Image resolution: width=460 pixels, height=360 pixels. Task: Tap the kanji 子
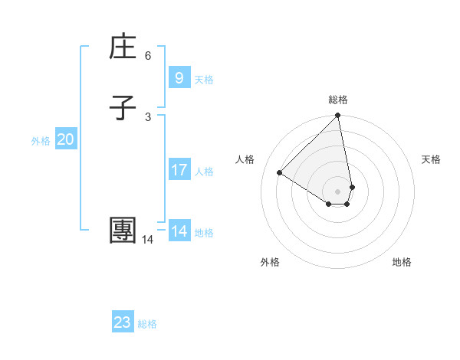(x=123, y=108)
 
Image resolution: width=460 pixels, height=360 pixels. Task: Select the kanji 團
(x=123, y=231)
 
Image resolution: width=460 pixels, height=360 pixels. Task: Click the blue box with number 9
(x=179, y=77)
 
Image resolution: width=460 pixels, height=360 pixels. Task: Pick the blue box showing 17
(x=179, y=170)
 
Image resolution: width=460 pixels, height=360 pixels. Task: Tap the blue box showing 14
(x=179, y=231)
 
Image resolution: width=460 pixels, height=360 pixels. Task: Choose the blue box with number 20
(x=65, y=139)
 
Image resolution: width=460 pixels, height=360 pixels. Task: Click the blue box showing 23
(x=123, y=322)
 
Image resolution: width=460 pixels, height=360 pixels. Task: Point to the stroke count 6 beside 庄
(x=148, y=56)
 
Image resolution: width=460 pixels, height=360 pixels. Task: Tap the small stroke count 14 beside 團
(x=147, y=240)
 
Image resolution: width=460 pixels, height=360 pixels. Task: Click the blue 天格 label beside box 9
(x=204, y=80)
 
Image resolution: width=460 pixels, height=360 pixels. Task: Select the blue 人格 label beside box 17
(x=204, y=172)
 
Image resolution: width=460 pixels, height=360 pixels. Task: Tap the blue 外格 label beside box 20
(x=41, y=141)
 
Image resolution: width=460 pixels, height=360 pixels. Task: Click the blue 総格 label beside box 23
(x=147, y=324)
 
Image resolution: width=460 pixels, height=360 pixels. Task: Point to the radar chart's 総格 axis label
(x=338, y=100)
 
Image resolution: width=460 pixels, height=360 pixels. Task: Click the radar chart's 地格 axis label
(x=402, y=262)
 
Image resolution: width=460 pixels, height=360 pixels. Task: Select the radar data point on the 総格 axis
(x=338, y=116)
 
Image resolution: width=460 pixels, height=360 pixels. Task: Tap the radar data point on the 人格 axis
(x=280, y=172)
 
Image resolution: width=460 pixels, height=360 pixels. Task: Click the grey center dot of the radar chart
(x=338, y=191)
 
